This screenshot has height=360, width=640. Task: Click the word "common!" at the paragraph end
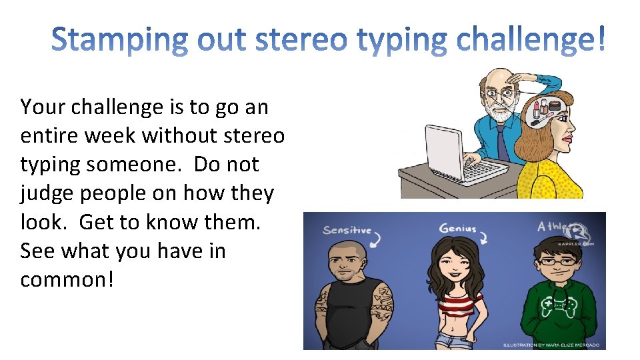[67, 280]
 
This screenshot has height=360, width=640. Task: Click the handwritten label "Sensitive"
[347, 231]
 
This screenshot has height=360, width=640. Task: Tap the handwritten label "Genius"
[458, 229]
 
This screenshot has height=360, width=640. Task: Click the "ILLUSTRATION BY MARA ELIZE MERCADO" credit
[551, 345]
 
